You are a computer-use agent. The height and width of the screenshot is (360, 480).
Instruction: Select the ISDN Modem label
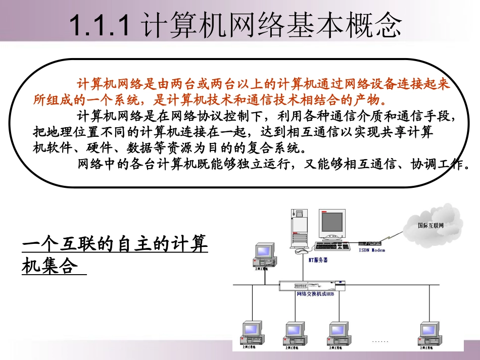[x=372, y=250]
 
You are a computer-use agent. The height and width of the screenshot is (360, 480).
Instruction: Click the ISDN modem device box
[x=372, y=243]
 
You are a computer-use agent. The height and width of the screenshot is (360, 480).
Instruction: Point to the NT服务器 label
[x=318, y=260]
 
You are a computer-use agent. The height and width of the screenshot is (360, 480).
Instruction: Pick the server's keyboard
[x=332, y=246]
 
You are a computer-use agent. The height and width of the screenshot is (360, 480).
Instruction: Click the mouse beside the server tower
[x=302, y=251]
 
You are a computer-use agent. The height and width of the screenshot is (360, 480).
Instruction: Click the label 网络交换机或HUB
[x=315, y=294]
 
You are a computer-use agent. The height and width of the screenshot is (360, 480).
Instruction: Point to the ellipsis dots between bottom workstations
[x=379, y=342]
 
